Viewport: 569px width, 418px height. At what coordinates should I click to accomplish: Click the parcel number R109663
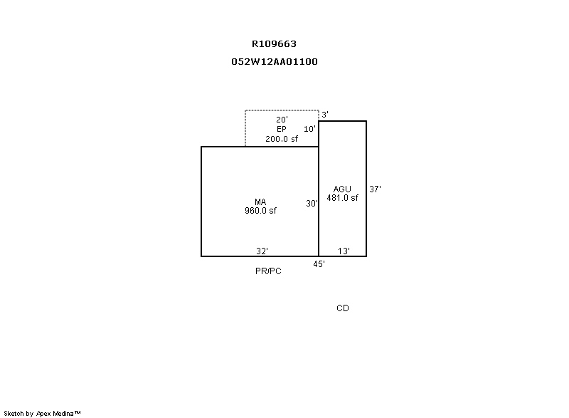[x=274, y=44]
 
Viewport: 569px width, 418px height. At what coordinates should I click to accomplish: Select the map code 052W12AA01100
[x=275, y=62]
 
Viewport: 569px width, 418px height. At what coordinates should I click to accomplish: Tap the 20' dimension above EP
[x=282, y=120]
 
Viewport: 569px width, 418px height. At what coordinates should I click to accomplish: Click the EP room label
[x=282, y=129]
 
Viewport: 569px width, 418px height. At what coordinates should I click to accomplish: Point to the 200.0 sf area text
[x=282, y=139]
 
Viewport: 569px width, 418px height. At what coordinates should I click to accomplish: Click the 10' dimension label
[x=309, y=129]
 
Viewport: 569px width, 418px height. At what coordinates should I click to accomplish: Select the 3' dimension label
[x=325, y=115]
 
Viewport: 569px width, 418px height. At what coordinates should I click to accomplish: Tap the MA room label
[x=260, y=202]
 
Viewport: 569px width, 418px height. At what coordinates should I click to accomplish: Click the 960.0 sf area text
[x=260, y=211]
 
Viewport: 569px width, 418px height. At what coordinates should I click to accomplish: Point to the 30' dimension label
[x=312, y=204]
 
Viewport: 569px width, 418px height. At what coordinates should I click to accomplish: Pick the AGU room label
[x=342, y=189]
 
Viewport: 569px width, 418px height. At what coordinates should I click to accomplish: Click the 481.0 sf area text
[x=342, y=198]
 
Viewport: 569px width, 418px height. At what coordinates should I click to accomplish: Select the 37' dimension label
[x=376, y=189]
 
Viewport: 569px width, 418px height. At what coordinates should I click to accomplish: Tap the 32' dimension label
[x=262, y=251]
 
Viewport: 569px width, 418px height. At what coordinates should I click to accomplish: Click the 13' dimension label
[x=344, y=251]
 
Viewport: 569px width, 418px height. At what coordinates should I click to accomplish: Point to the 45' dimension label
[x=319, y=264]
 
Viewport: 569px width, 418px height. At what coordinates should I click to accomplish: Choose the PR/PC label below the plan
[x=268, y=271]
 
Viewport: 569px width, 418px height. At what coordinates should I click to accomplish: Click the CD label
[x=343, y=308]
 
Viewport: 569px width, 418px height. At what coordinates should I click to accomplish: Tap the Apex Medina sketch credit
[x=42, y=413]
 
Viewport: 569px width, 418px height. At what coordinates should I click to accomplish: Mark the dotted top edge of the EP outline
[x=282, y=110]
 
